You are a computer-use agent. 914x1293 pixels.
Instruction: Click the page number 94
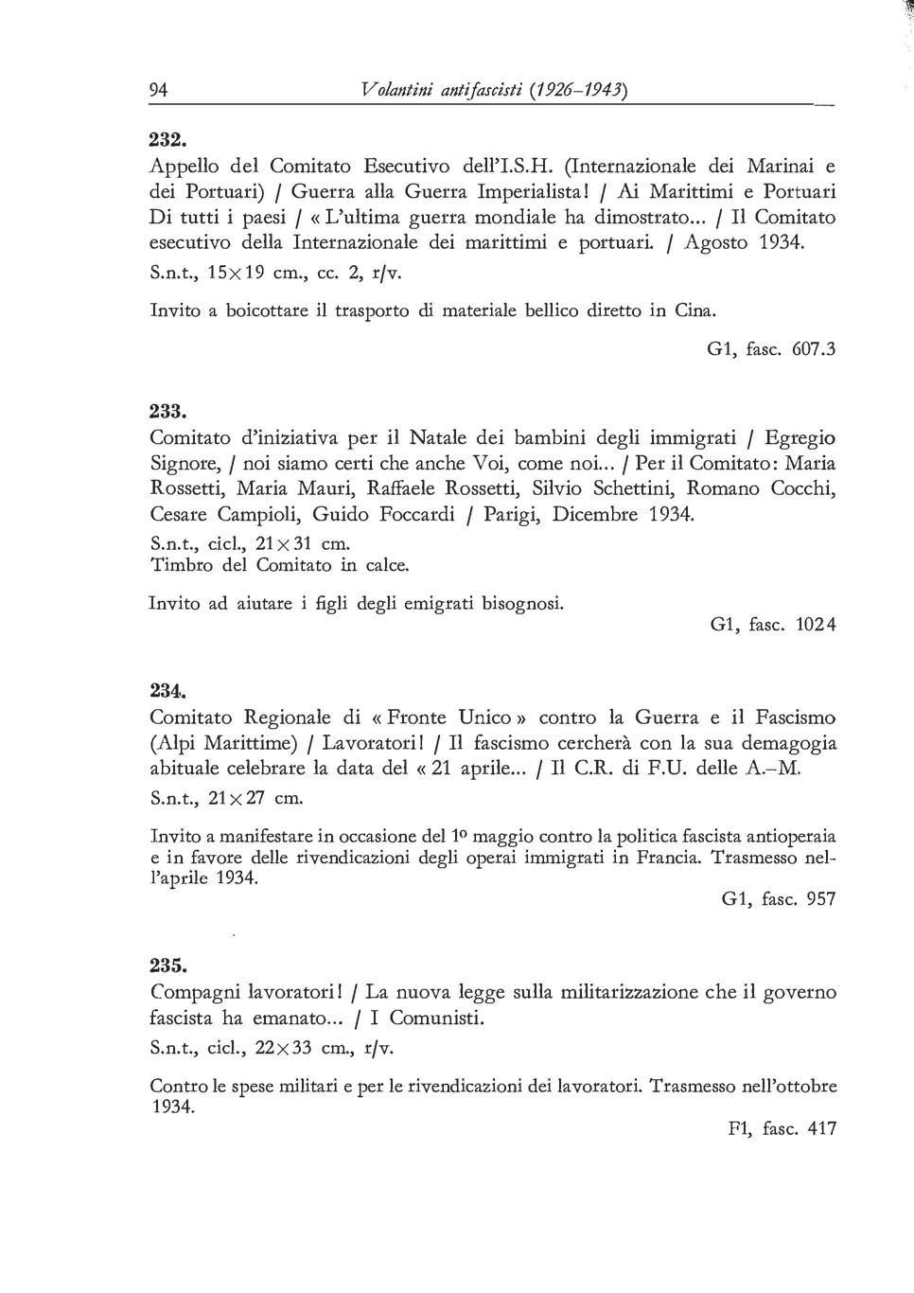pos(159,90)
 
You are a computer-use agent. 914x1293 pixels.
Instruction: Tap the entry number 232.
pos(167,136)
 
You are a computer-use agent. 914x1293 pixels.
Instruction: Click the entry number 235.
pos(167,965)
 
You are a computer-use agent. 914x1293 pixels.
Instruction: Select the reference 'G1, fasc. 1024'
pos(773,625)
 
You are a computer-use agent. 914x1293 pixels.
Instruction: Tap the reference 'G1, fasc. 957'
pos(778,899)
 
